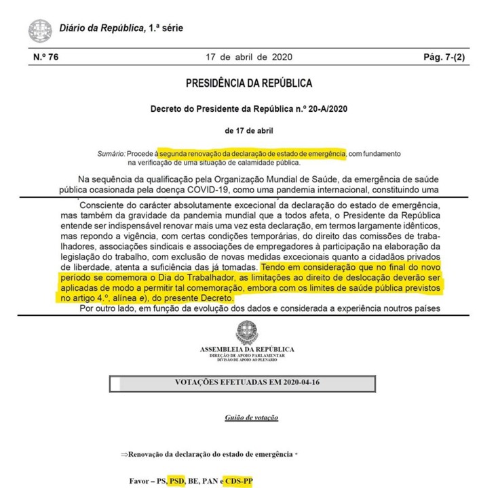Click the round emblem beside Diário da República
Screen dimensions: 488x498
point(39,30)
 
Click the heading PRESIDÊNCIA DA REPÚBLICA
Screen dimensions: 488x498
point(249,84)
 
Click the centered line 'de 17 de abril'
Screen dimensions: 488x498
point(249,129)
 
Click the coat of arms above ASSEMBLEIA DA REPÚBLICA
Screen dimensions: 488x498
point(247,332)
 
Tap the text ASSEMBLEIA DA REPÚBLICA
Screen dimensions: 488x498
point(247,349)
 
